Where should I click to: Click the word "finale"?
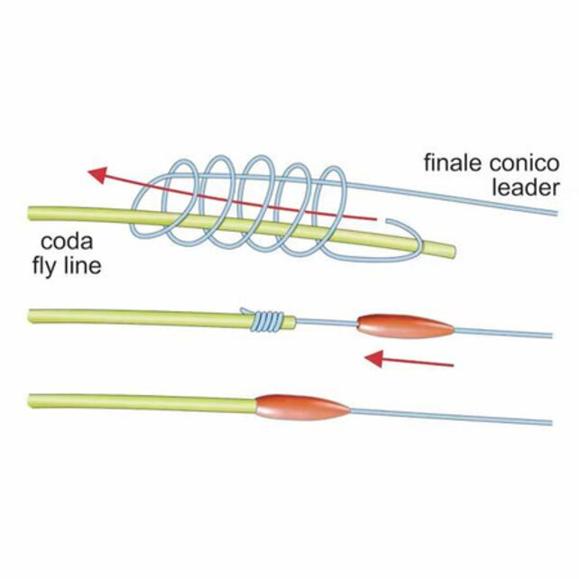454,163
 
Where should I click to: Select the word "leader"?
525,188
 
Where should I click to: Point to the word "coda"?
67,242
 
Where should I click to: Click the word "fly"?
45,266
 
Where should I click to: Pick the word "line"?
83,265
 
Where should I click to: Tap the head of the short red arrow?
373,359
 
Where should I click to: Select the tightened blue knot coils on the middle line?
268,320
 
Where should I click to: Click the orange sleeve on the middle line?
406,326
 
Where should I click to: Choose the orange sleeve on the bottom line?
302,408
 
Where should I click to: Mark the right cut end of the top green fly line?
453,252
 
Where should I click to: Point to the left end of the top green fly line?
30,214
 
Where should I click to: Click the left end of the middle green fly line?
30,316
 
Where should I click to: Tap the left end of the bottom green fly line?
31,401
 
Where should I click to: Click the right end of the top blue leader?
556,213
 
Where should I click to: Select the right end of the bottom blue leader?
551,423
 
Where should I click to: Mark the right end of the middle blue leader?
551,335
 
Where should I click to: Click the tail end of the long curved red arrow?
375,220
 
